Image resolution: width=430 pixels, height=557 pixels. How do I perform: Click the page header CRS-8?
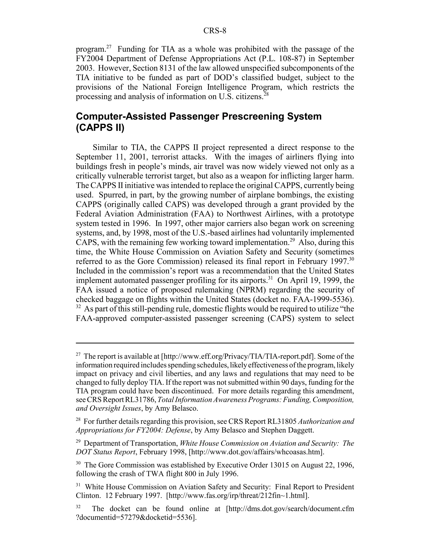[215, 31]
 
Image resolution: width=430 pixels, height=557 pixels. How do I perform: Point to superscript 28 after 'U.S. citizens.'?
[266, 94]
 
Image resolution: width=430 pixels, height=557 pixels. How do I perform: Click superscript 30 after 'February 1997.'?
[351, 259]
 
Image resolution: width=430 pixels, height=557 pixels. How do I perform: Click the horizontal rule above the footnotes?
[215, 343]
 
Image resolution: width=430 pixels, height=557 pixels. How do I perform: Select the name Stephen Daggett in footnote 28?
[287, 430]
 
